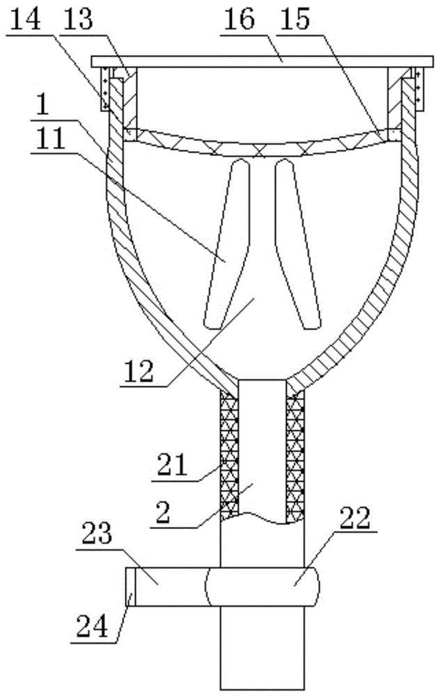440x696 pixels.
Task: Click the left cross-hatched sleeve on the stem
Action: [x=229, y=452]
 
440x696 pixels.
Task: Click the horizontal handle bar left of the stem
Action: [x=167, y=587]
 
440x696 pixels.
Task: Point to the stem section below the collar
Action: [x=263, y=647]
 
